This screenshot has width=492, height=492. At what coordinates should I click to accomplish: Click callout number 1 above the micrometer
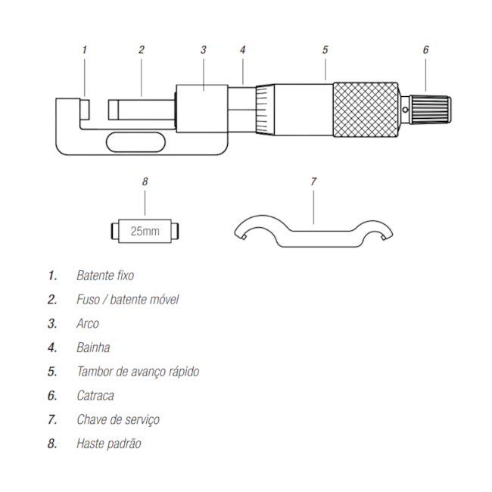pyautogui.click(x=84, y=50)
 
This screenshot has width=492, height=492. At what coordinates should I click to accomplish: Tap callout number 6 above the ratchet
pyautogui.click(x=425, y=50)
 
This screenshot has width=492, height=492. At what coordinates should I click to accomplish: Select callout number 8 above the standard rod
pyautogui.click(x=145, y=182)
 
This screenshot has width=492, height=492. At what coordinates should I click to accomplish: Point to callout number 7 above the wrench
pyautogui.click(x=313, y=182)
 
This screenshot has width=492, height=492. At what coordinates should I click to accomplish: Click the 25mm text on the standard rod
pyautogui.click(x=145, y=231)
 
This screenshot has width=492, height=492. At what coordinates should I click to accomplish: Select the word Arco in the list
pyautogui.click(x=87, y=323)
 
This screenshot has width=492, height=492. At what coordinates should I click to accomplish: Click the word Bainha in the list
pyautogui.click(x=93, y=347)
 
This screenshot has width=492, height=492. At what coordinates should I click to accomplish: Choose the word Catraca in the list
pyautogui.click(x=95, y=395)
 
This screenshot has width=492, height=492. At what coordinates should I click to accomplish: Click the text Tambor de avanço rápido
pyautogui.click(x=138, y=372)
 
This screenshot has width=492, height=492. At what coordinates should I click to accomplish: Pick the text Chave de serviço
pyautogui.click(x=117, y=419)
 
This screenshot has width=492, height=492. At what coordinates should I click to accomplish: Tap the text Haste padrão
pyautogui.click(x=108, y=444)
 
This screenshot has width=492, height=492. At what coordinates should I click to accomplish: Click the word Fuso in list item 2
pyautogui.click(x=88, y=300)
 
